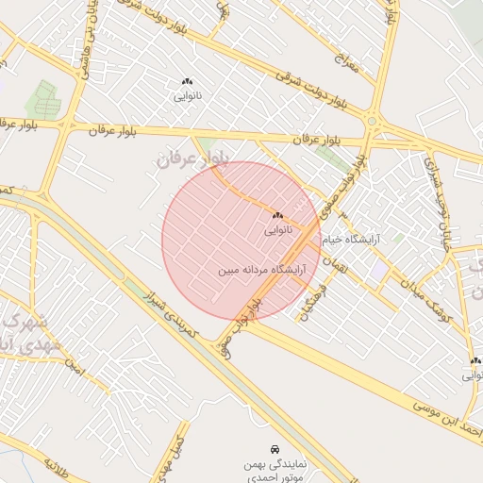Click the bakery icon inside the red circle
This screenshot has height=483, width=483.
pos(277,215)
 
